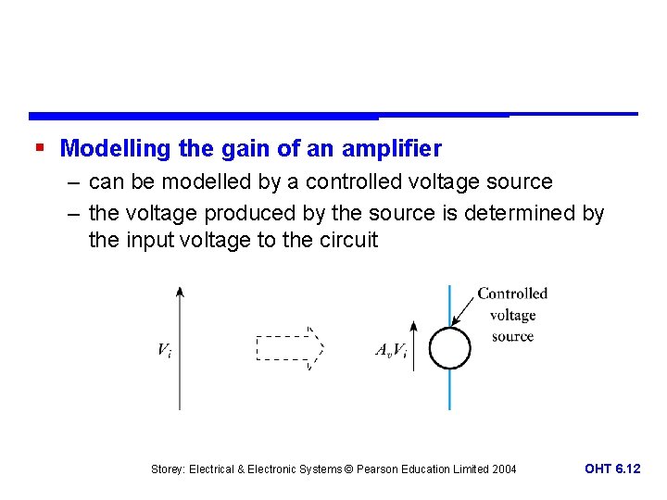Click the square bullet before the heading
tap(40, 147)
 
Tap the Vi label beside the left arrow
tap(164, 350)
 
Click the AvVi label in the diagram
tap(391, 350)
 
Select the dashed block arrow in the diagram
tap(289, 348)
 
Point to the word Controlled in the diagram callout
tap(512, 294)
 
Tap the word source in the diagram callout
tap(512, 336)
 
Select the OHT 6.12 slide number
tap(612, 469)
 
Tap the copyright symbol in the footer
tap(349, 469)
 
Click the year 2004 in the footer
tap(504, 469)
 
